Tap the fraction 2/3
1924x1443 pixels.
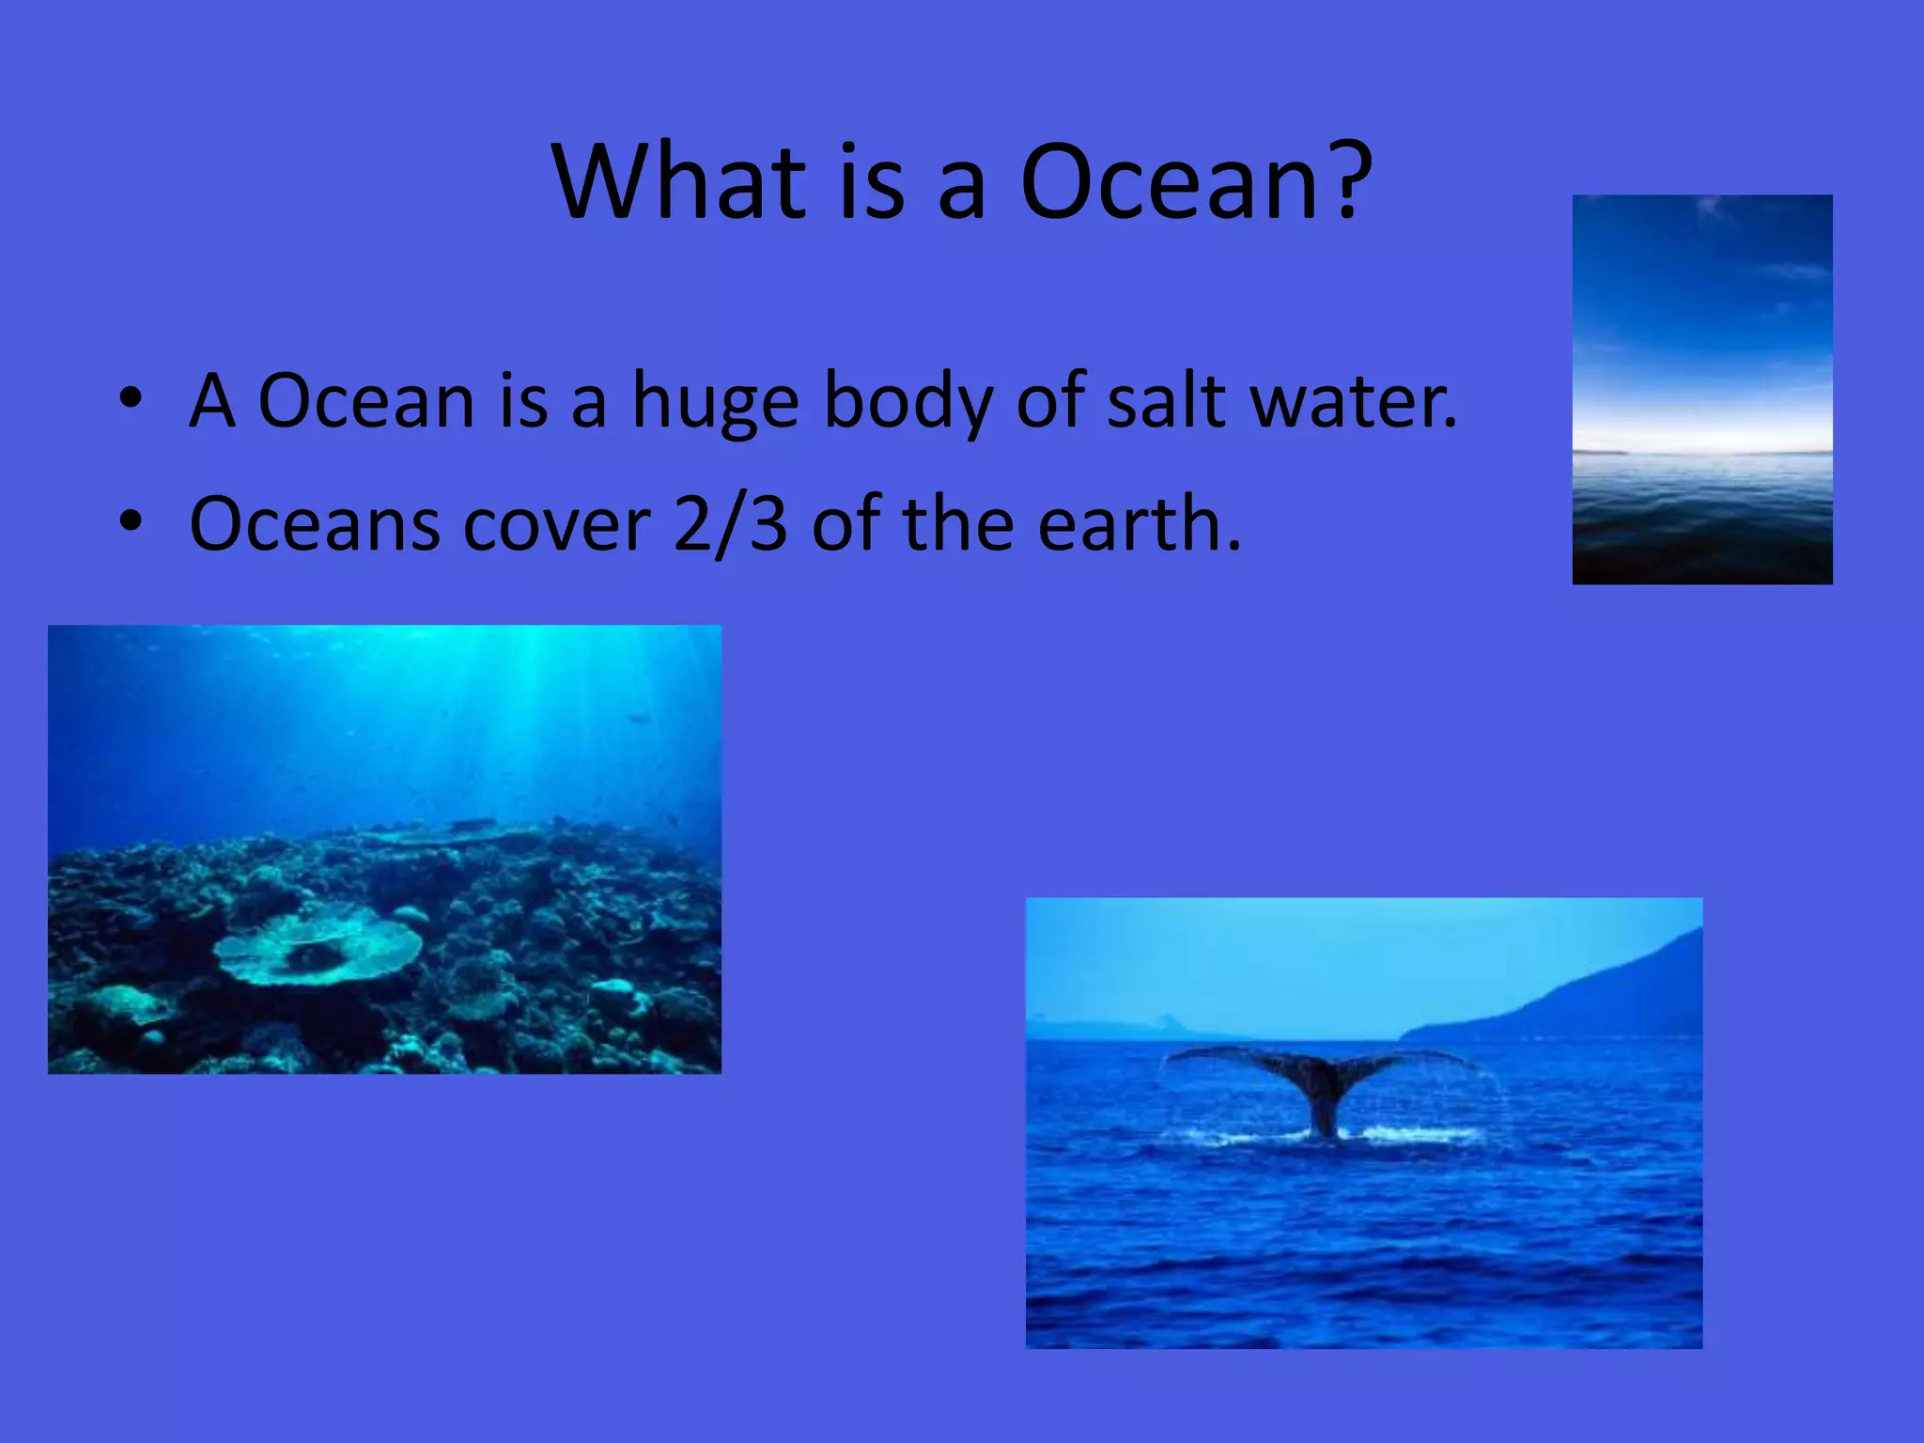730,524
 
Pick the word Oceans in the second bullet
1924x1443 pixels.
314,524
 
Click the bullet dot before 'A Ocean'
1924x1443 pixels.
131,398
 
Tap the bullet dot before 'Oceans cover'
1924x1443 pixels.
131,520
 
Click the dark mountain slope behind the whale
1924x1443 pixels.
1597,996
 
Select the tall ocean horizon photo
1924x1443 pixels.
1702,389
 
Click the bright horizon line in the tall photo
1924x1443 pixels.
1702,449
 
